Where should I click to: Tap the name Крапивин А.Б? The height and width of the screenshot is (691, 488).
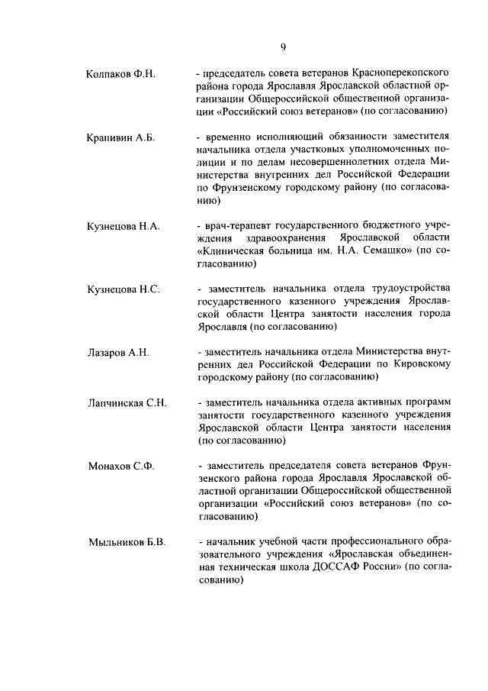pos(120,137)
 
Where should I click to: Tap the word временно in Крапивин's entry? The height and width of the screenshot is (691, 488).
pos(229,137)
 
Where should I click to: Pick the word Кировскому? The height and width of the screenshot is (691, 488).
pos(418,364)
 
